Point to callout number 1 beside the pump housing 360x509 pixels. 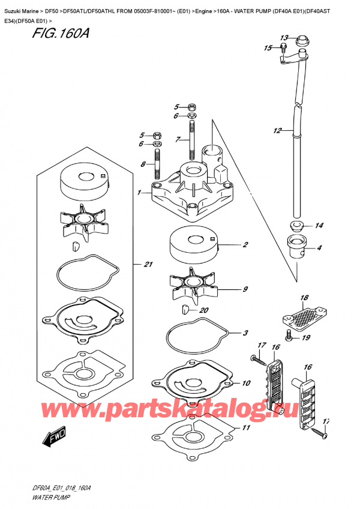click(x=139, y=193)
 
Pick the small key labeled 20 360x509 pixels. click(x=185, y=309)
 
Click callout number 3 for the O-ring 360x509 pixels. click(x=245, y=333)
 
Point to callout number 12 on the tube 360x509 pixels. click(x=277, y=130)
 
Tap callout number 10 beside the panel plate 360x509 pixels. click(x=246, y=383)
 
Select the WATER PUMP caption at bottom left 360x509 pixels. click(x=46, y=499)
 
